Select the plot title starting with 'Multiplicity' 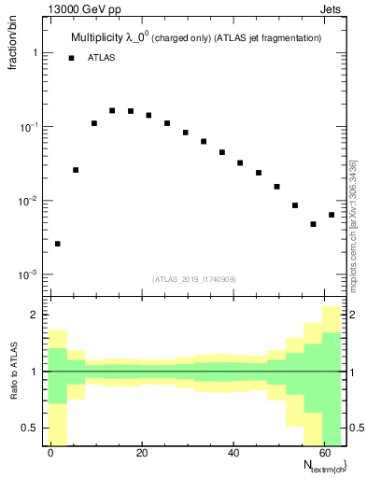[x=196, y=37]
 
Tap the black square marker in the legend [x=72, y=58]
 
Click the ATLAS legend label [x=103, y=58]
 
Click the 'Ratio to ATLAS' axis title [x=14, y=372]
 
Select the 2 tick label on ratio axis [x=35, y=315]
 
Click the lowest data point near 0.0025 [x=58, y=244]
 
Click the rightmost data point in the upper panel [x=332, y=215]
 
